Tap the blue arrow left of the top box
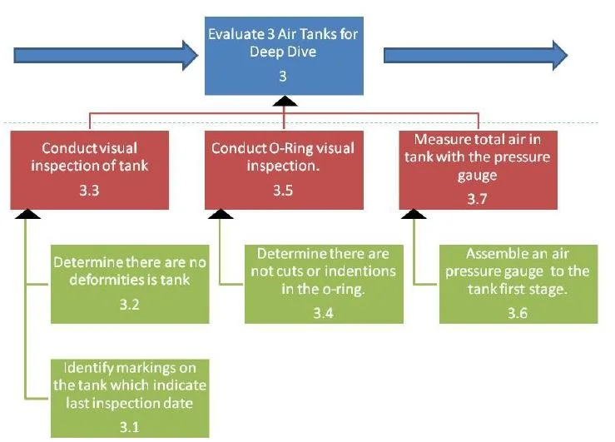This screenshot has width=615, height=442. tap(100, 55)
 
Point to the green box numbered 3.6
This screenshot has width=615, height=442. tap(517, 284)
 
